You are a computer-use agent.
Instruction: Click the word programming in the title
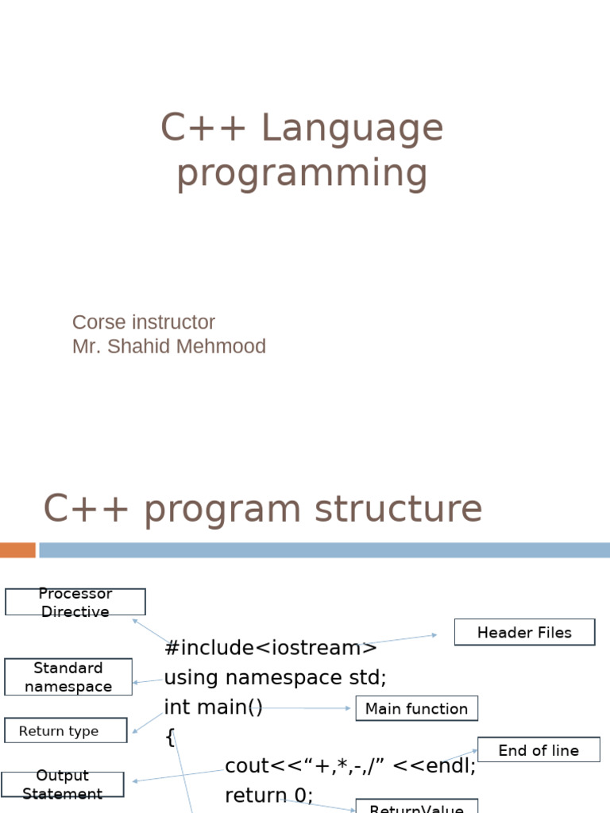[x=302, y=174]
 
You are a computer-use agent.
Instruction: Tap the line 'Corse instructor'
[x=143, y=322]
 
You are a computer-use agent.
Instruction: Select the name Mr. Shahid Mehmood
[x=168, y=346]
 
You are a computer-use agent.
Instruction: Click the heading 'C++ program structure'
[x=262, y=509]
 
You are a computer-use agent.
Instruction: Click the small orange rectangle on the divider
[x=17, y=549]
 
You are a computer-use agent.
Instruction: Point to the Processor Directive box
[x=75, y=602]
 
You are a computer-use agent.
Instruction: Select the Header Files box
[x=524, y=633]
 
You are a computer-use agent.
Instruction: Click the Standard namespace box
[x=68, y=677]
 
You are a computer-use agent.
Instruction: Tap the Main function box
[x=416, y=709]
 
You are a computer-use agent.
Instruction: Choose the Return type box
[x=65, y=731]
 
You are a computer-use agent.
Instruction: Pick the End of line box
[x=539, y=750]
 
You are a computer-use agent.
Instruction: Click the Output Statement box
[x=63, y=784]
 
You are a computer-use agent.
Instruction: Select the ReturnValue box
[x=416, y=807]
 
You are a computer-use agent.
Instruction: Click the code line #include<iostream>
[x=271, y=648]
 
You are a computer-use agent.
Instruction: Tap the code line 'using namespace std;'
[x=275, y=677]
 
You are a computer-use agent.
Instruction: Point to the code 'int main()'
[x=213, y=707]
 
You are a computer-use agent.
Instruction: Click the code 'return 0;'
[x=269, y=795]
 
